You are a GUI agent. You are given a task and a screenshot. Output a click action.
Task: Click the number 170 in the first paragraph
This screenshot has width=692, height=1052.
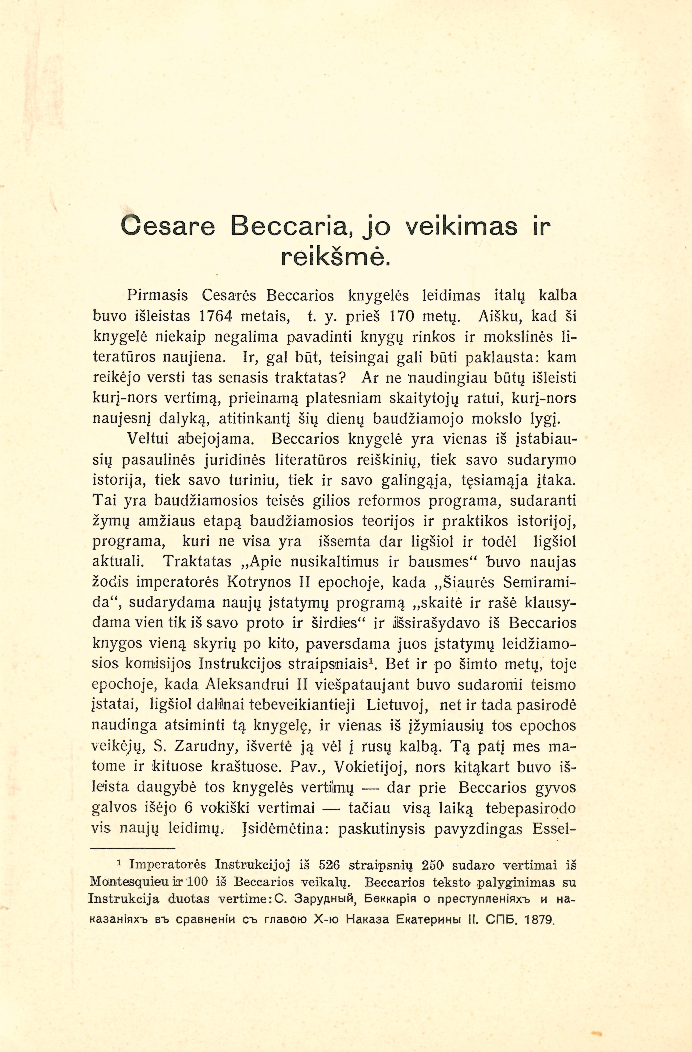[x=400, y=316]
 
